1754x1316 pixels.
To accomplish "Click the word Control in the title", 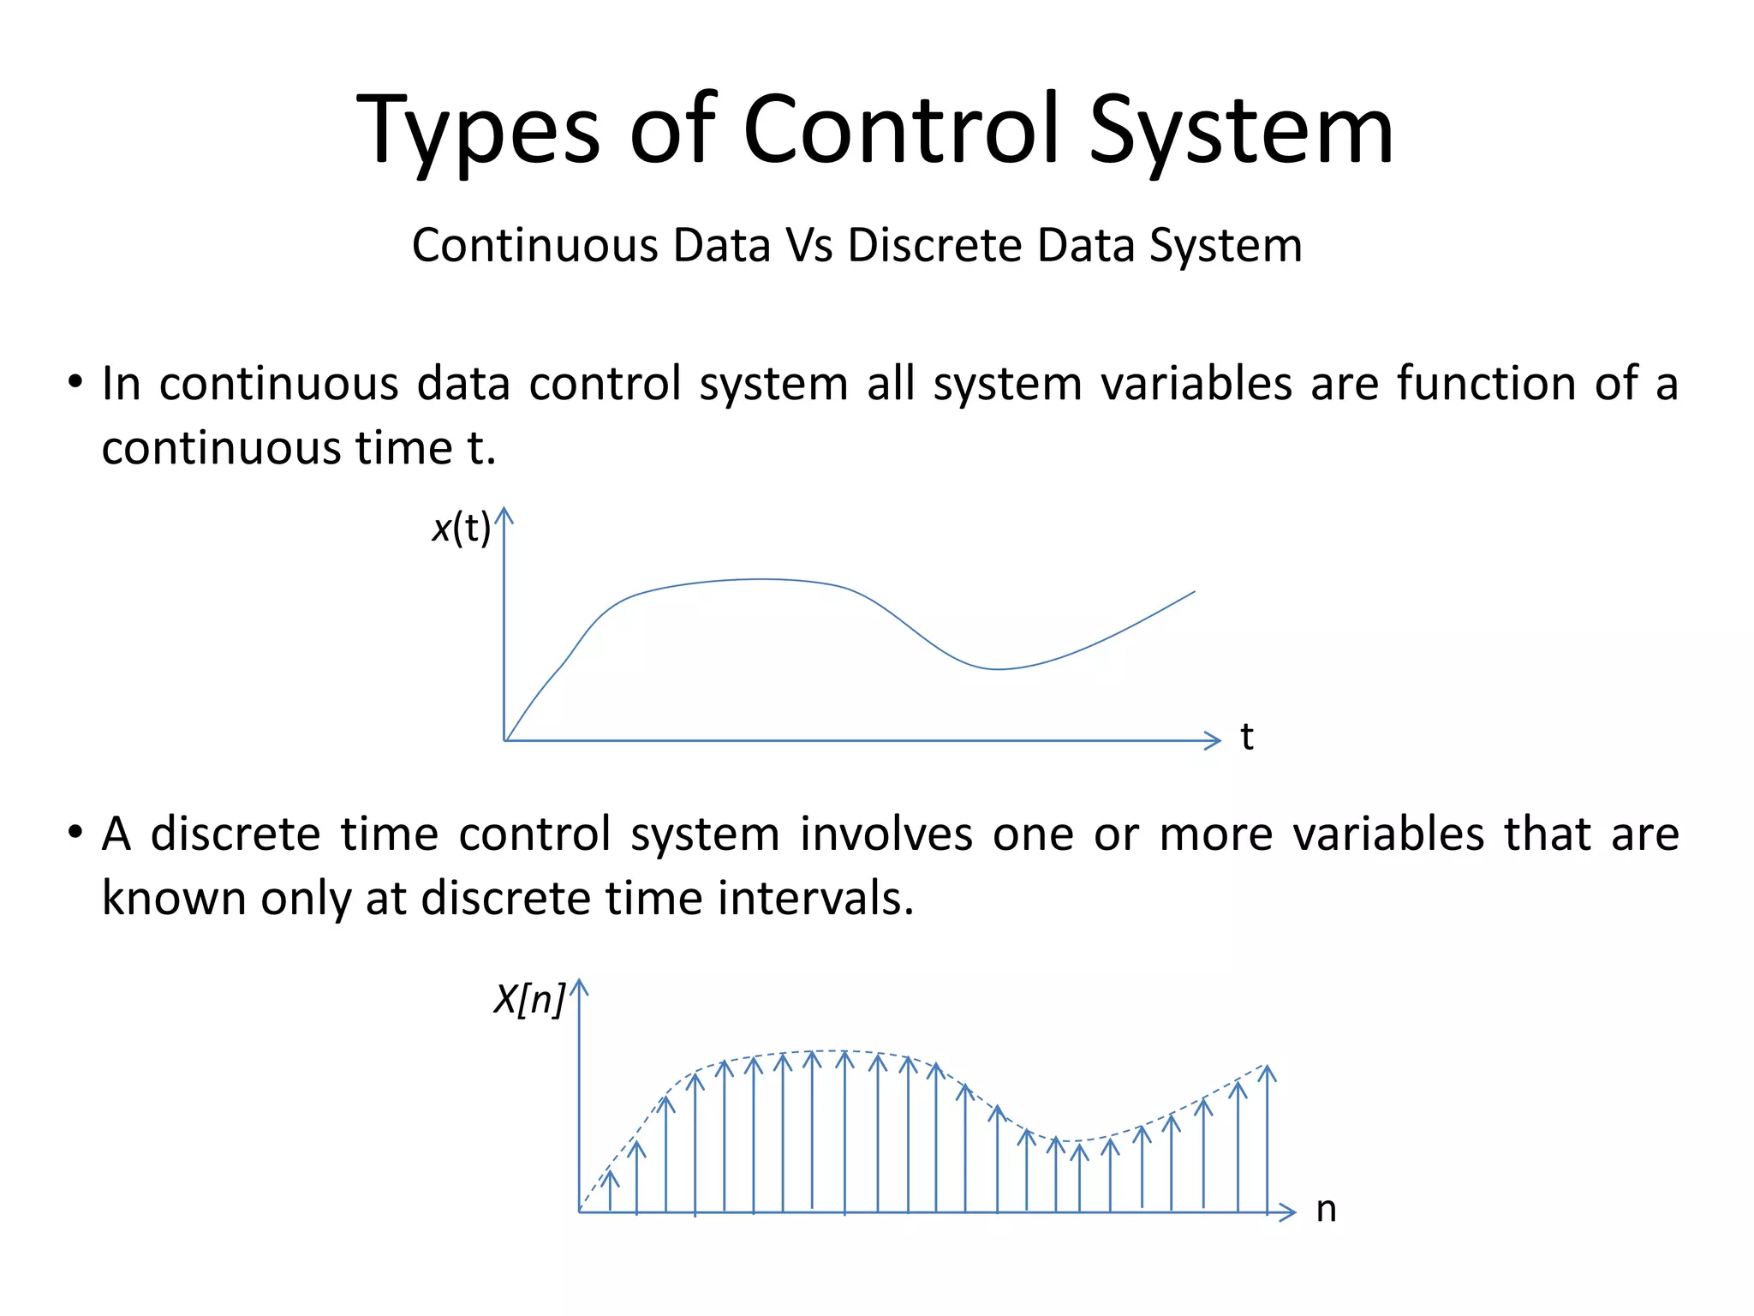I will pos(901,130).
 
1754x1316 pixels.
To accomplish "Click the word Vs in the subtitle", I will pos(809,246).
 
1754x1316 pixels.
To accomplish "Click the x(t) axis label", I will pos(461,528).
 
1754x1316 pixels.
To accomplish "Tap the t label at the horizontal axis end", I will pos(1247,738).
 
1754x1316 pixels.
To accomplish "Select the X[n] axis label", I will pos(529,999).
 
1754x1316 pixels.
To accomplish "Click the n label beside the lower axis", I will pos(1326,1210).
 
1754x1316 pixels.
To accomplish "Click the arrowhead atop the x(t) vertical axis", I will pos(504,514).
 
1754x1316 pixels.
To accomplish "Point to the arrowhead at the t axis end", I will pos(1213,740).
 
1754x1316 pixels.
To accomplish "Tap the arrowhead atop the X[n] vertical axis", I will pos(580,987).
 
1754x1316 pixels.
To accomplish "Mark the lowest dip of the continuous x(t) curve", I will pos(998,668).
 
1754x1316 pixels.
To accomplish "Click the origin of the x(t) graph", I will pos(504,740).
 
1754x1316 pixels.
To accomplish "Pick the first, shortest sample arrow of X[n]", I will pos(610,1191).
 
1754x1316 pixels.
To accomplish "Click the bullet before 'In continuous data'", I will pos(76,381).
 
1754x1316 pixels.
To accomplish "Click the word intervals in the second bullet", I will pos(814,899).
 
